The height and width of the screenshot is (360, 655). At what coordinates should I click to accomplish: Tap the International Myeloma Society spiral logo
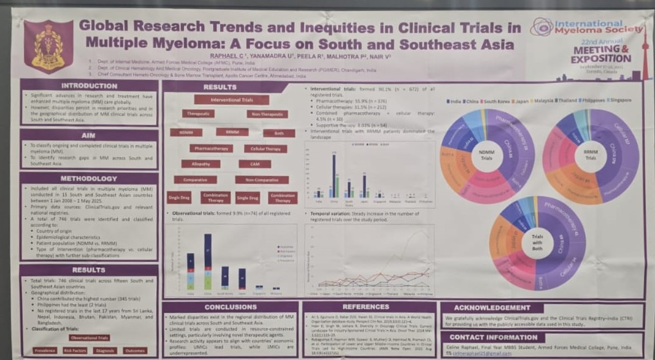[542, 26]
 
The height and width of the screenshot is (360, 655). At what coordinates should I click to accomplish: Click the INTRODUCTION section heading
[89, 86]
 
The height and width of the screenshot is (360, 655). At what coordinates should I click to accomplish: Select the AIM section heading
[89, 135]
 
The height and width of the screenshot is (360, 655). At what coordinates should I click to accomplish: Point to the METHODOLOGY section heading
[89, 177]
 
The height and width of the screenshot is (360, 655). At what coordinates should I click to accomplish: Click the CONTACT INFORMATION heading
[494, 337]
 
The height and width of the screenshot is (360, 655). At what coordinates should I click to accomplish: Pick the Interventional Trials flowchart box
[231, 99]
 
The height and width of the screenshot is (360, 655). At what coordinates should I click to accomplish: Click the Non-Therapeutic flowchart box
[267, 114]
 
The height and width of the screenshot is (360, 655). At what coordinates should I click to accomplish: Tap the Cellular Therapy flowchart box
[265, 148]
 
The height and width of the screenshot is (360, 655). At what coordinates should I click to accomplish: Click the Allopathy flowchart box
[201, 164]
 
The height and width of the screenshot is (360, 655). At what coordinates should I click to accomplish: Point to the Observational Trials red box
[90, 338]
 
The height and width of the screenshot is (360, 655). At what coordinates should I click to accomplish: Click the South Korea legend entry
[498, 100]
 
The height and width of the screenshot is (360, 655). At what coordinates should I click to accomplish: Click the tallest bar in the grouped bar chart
[334, 174]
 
